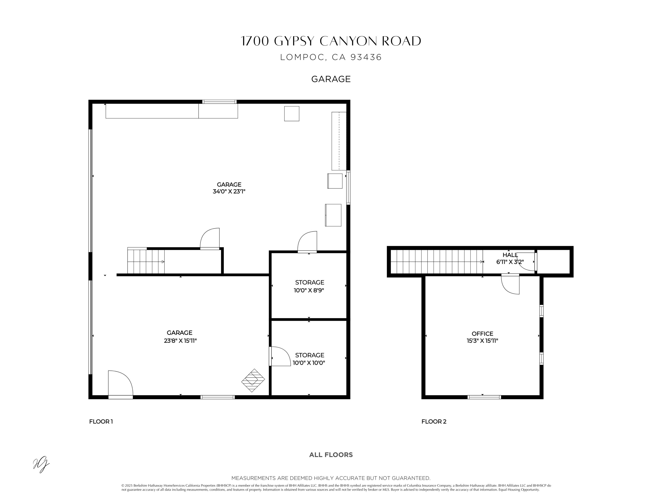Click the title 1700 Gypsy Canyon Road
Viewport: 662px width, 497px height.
tap(331, 41)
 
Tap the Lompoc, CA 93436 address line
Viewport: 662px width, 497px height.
tap(331, 57)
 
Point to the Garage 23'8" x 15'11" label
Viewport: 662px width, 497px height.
tap(180, 336)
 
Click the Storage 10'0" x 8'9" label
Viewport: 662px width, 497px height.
tap(309, 286)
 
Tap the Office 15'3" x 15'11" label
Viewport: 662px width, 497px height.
tap(482, 337)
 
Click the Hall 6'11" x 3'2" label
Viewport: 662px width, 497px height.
tap(510, 258)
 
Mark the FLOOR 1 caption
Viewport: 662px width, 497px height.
tap(101, 421)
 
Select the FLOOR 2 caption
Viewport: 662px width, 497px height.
tap(434, 421)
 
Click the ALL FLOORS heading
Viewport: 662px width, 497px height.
tap(331, 455)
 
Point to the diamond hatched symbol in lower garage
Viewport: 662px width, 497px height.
tap(253, 380)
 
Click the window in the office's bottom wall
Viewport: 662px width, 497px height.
tap(484, 397)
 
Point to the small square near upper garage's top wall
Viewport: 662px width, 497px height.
tap(292, 114)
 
